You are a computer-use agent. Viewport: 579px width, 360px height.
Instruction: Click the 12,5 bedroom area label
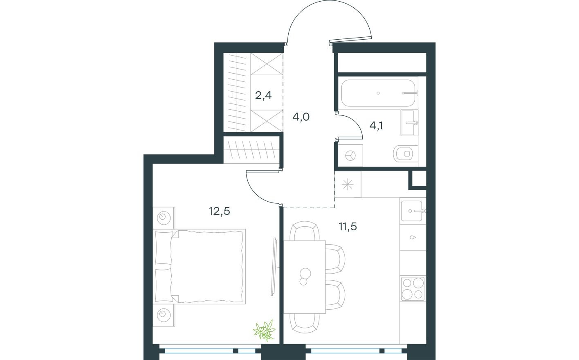tap(220, 211)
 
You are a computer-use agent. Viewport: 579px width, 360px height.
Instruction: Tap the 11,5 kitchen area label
tap(348, 226)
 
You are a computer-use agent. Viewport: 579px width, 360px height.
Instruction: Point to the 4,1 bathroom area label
tap(376, 125)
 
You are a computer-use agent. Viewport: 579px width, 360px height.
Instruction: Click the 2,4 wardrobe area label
tap(263, 96)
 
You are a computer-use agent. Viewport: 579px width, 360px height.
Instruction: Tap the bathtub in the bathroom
tap(378, 93)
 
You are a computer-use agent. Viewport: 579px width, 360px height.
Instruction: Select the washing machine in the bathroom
tap(350, 155)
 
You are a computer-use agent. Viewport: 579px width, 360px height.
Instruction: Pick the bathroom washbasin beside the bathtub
tap(409, 122)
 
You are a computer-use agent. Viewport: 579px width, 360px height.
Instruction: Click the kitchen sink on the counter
tap(412, 211)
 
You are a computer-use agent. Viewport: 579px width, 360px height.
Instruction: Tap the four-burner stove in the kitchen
tap(412, 288)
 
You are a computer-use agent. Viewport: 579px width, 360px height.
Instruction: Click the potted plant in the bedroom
tap(264, 331)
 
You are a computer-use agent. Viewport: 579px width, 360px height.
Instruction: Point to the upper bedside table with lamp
tap(164, 217)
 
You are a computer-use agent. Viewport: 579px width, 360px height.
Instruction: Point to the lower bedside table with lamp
tap(164, 314)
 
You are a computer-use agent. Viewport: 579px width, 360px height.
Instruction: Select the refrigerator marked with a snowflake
tap(348, 184)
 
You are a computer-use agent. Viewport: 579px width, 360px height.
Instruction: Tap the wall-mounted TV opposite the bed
tap(274, 266)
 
